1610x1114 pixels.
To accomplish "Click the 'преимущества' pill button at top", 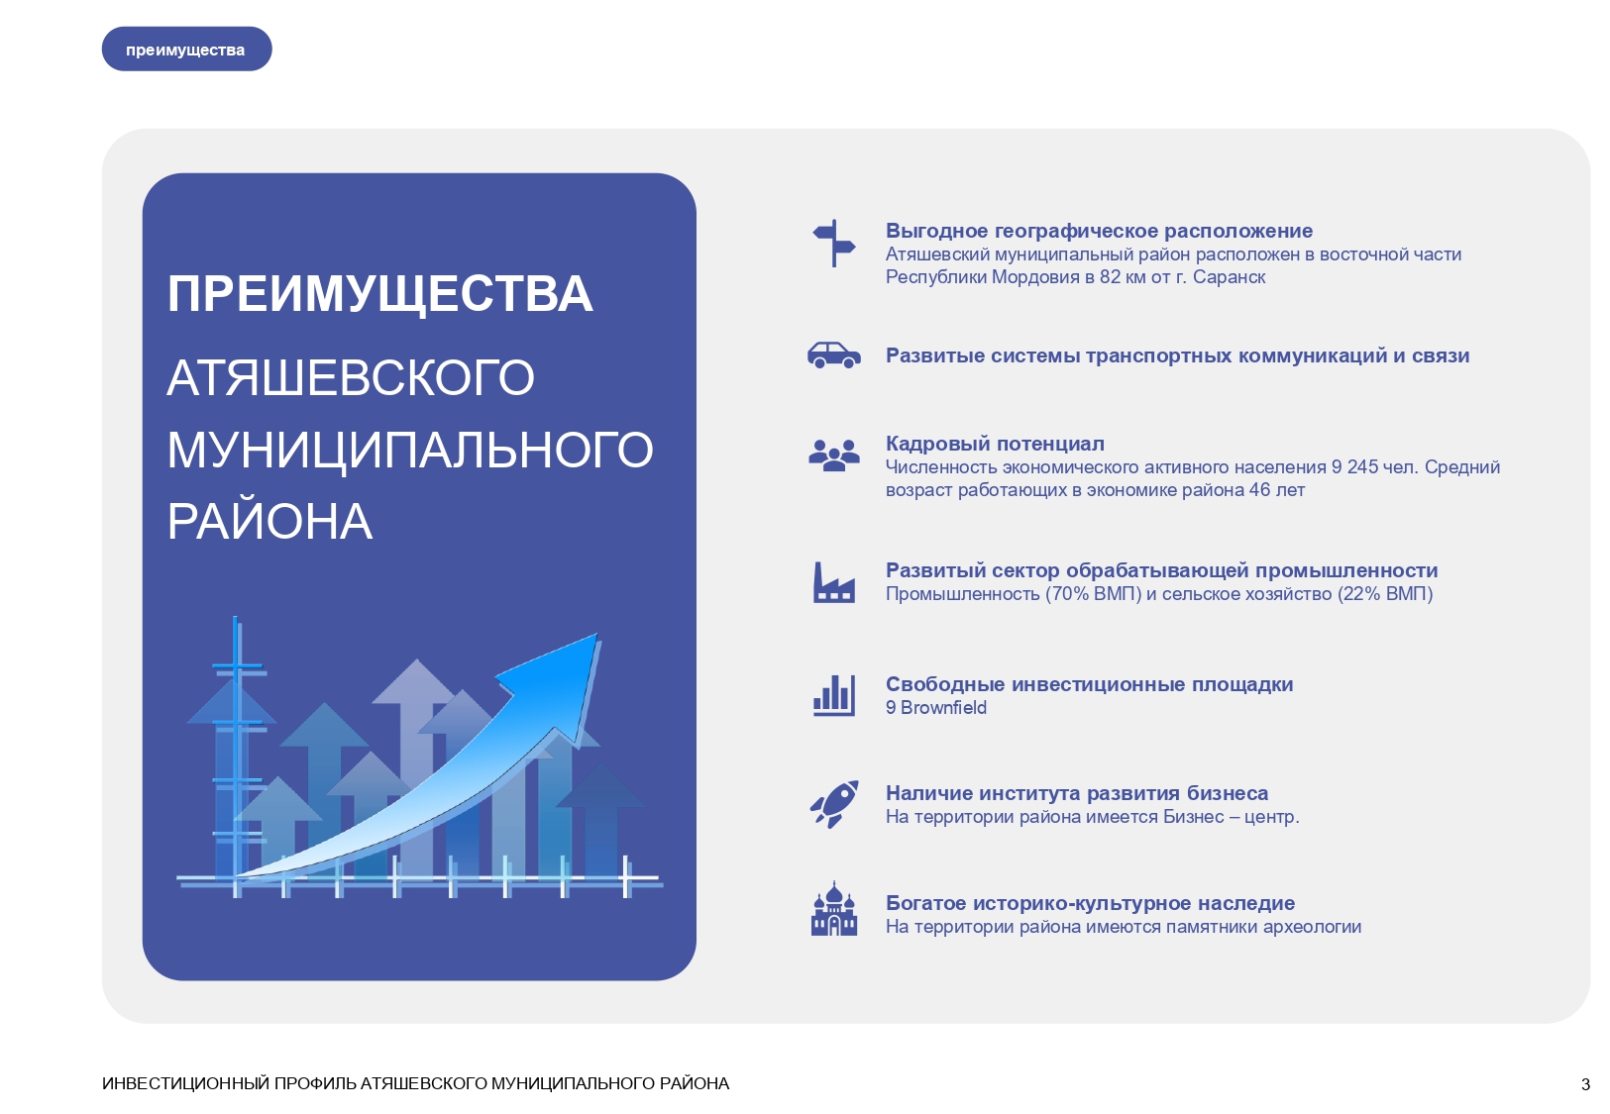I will [186, 50].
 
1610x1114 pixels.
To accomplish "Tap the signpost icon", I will [834, 243].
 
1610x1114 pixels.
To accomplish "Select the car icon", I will [834, 355].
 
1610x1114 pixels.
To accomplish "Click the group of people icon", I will [834, 456].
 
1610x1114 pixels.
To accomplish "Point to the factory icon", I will [834, 582].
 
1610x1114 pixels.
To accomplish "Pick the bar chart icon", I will [834, 695].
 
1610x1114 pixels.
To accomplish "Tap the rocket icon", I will [834, 804].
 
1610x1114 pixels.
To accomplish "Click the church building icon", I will [834, 910].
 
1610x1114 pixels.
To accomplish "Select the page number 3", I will [1585, 1084].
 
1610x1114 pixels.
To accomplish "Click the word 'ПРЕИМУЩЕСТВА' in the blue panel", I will [379, 294].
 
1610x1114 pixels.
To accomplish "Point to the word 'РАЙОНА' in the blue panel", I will [269, 522].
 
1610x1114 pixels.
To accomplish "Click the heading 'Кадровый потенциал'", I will [995, 444].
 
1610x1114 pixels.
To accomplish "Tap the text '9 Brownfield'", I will [935, 708].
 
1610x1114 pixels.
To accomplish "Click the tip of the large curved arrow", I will [595, 637].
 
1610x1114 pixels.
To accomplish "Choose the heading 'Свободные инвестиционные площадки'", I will [1089, 684].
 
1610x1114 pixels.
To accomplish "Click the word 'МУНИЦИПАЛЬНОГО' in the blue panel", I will [410, 450].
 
